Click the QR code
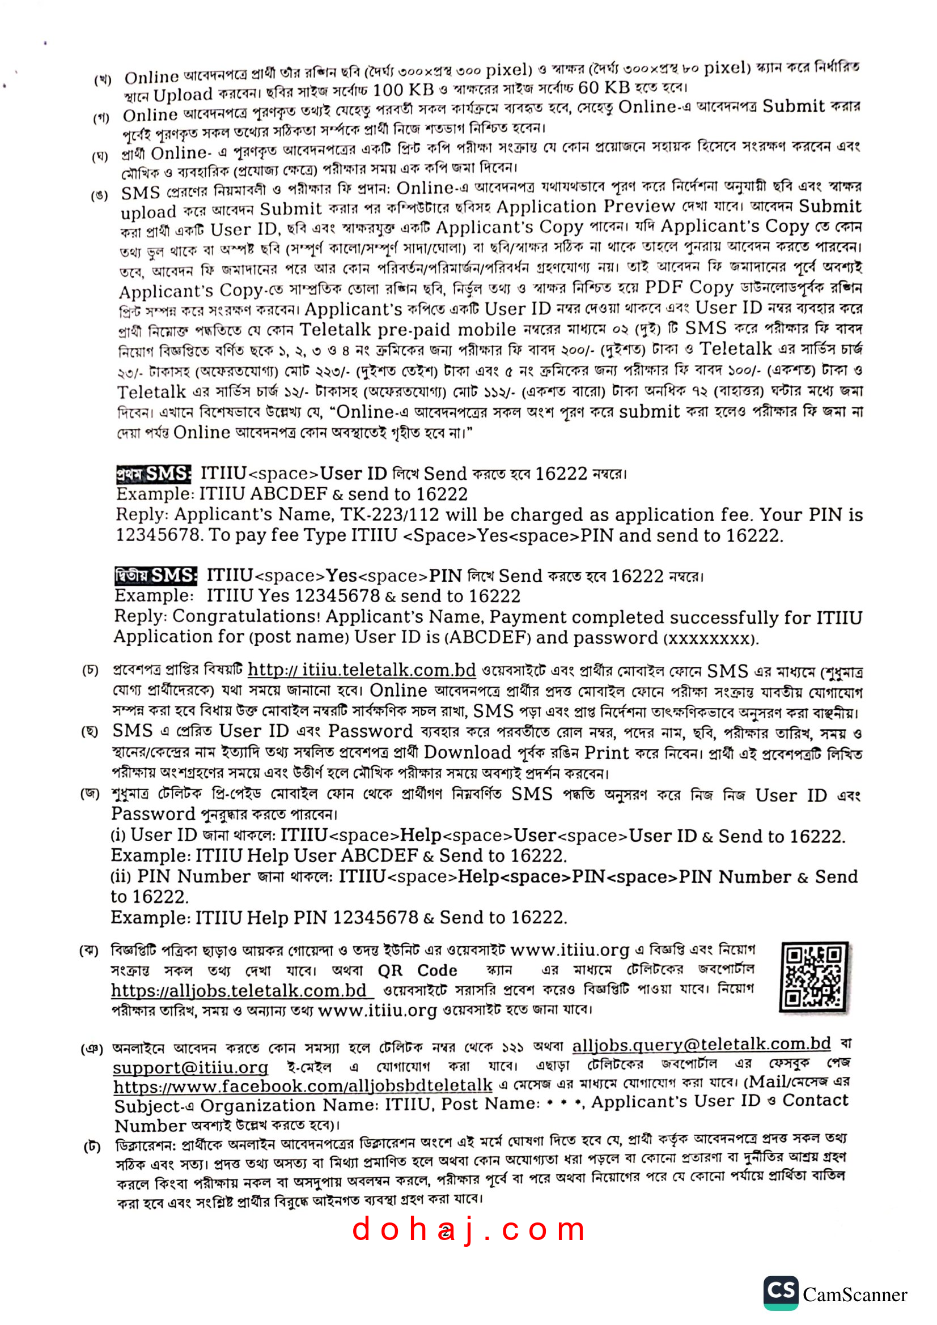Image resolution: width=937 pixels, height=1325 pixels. pyautogui.click(x=814, y=977)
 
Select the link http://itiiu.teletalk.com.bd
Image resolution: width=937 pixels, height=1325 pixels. pyautogui.click(x=362, y=670)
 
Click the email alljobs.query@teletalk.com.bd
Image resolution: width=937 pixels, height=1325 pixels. pyautogui.click(x=701, y=1044)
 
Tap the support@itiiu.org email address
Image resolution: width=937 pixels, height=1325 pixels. pyautogui.click(x=190, y=1067)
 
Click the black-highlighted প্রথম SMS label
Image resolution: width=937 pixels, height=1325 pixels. pyautogui.click(x=153, y=474)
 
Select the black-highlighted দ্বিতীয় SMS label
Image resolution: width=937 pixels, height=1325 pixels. pyautogui.click(x=155, y=576)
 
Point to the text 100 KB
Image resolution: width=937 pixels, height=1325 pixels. pyautogui.click(x=403, y=90)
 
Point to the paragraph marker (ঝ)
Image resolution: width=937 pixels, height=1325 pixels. pyautogui.click(x=88, y=951)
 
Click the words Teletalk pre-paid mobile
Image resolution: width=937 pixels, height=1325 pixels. pyautogui.click(x=408, y=330)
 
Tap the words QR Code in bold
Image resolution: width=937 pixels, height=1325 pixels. pyautogui.click(x=417, y=971)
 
